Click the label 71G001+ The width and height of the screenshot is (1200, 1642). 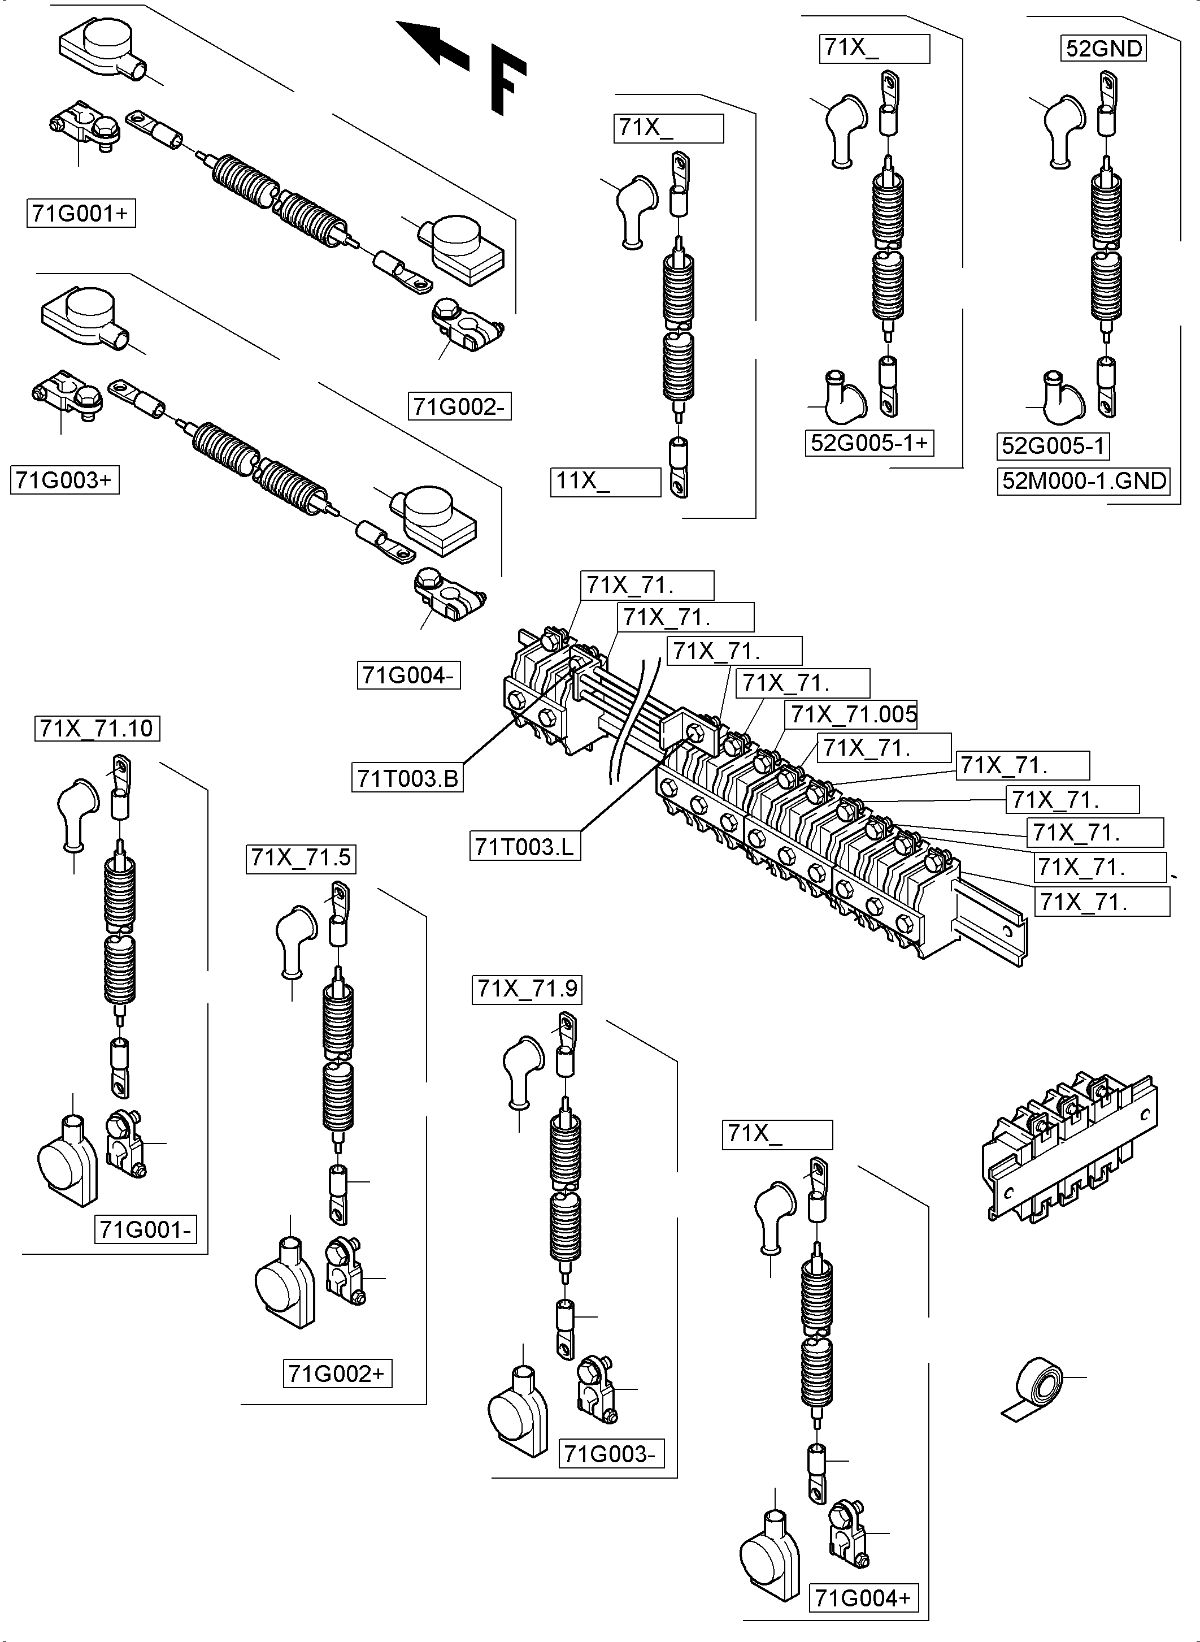tap(81, 214)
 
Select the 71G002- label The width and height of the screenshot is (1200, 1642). tap(460, 406)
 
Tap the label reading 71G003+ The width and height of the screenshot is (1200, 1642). tap(64, 480)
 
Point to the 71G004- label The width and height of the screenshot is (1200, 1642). tap(409, 675)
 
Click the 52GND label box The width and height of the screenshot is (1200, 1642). tap(1104, 49)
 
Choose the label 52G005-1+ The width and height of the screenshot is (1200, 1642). tap(869, 443)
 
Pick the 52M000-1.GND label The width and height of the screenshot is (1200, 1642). tap(1084, 481)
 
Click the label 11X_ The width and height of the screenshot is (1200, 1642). tap(606, 482)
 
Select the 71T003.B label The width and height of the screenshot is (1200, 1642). tap(407, 778)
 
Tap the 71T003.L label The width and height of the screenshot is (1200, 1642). tap(524, 846)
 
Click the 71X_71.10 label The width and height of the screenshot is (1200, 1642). tap(97, 728)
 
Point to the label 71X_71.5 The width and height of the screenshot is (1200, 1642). tap(301, 858)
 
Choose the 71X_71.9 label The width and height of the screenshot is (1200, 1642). tap(527, 989)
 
